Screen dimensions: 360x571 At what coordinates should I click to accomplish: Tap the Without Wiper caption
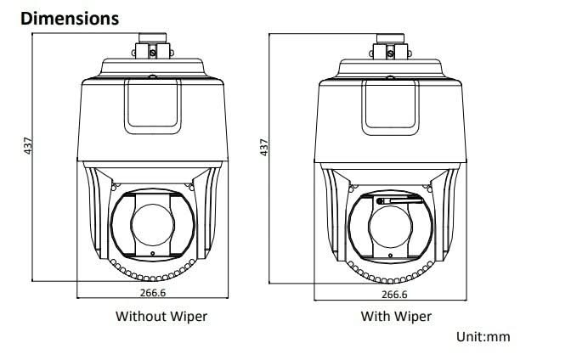pos(161,317)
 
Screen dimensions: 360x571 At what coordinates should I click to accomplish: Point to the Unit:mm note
pos(483,337)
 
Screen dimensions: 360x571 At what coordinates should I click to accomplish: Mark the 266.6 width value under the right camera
pos(393,294)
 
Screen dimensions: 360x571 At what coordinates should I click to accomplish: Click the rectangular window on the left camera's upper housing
pos(153,107)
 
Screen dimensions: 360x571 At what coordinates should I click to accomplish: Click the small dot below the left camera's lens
pos(153,253)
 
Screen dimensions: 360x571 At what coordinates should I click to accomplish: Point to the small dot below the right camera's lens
pos(391,253)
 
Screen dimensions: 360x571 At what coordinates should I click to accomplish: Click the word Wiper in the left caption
pos(189,317)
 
